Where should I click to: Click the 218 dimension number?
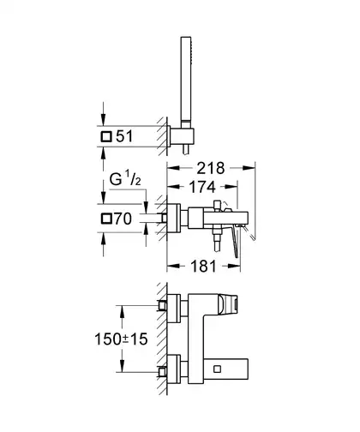tap(211, 168)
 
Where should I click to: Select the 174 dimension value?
tap(202, 187)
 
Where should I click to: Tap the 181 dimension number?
tap(203, 267)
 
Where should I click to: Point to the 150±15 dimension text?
tap(121, 339)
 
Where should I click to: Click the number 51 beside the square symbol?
tap(124, 136)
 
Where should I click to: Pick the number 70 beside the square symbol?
tap(123, 219)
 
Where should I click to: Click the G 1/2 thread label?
tap(125, 179)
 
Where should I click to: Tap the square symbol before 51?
tap(106, 136)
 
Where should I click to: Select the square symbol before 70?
tap(106, 219)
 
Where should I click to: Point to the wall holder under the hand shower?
tap(182, 137)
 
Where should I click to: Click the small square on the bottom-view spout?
tap(217, 369)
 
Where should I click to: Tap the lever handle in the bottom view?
tap(228, 305)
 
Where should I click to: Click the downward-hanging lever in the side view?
tap(236, 241)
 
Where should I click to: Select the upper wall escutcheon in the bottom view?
tap(174, 309)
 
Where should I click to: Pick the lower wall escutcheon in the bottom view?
tap(174, 369)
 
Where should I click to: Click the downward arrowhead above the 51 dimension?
tap(103, 119)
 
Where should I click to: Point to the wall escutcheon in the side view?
tap(174, 219)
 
